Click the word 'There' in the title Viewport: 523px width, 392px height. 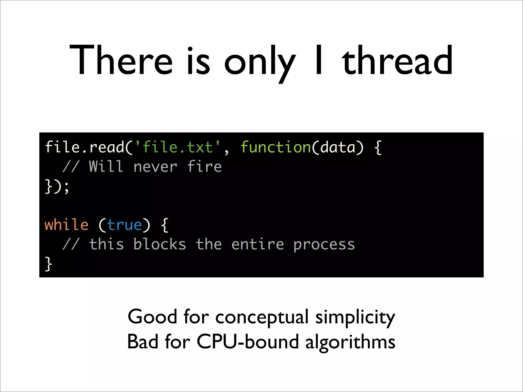(121, 60)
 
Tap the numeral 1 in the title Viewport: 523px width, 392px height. (319, 60)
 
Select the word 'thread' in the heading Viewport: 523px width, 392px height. (397, 60)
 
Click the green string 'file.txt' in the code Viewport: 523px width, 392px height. (178, 147)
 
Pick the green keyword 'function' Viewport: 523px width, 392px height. (276, 147)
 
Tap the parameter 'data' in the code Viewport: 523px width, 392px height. (338, 147)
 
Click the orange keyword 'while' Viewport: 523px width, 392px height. (67, 225)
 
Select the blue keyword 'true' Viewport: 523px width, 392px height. (124, 225)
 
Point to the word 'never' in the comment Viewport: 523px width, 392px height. (155, 167)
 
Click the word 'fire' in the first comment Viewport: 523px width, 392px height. (204, 167)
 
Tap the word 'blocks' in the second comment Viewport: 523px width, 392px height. (160, 244)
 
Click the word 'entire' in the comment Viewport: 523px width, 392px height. (258, 244)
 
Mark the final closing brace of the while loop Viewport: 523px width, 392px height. (48, 264)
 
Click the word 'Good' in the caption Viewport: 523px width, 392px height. (152, 317)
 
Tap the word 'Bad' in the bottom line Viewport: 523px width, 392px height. (143, 342)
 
